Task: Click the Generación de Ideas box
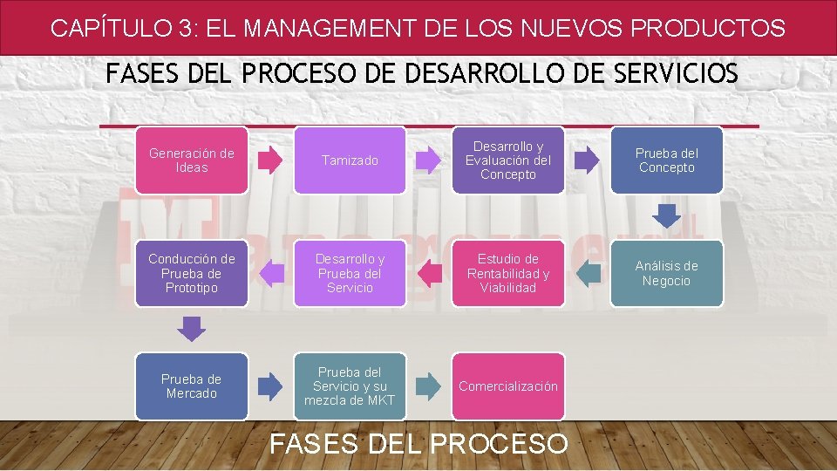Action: (192, 160)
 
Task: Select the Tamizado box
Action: (350, 160)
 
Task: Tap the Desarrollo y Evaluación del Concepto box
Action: (508, 160)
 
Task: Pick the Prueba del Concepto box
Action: (667, 160)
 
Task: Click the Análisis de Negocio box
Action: (667, 273)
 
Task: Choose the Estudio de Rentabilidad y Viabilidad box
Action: (508, 273)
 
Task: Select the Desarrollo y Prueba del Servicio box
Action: (350, 273)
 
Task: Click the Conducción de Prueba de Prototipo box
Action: (192, 273)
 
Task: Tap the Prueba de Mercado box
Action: (192, 386)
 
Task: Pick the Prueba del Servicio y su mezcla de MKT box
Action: (350, 386)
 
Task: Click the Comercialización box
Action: (508, 386)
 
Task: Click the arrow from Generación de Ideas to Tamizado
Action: (271, 160)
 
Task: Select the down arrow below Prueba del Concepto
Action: (667, 215)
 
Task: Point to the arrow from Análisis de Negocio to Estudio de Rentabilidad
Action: (589, 273)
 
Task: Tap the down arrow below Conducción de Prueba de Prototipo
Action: (192, 328)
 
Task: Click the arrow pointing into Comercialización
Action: (429, 386)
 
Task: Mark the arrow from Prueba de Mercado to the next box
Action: (271, 386)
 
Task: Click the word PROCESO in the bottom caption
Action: (499, 444)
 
